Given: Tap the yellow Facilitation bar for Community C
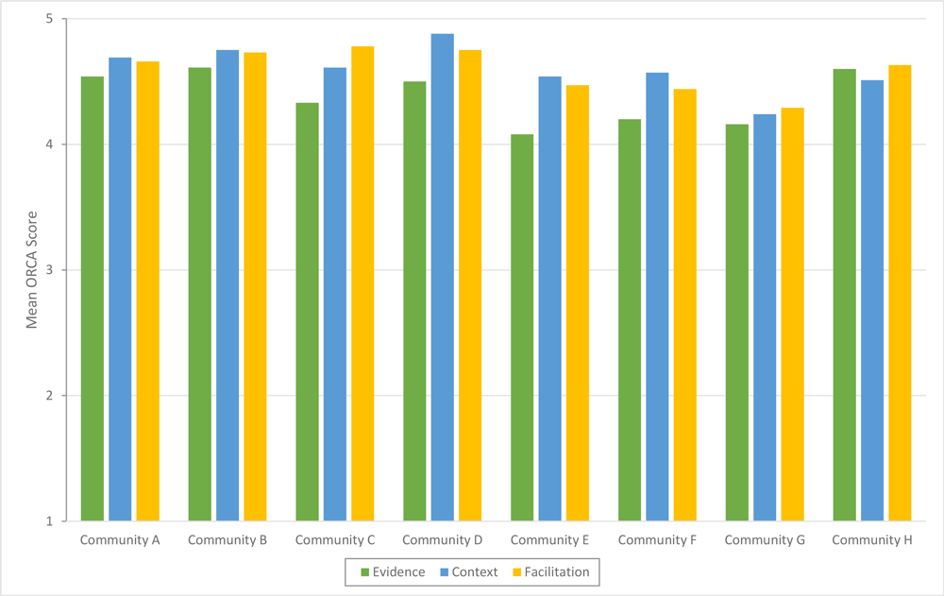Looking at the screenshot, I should [x=362, y=283].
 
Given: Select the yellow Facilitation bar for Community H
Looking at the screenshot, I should [x=900, y=293].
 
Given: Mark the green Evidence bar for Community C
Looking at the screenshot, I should [x=307, y=312].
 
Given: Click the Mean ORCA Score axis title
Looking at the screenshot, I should [x=31, y=270].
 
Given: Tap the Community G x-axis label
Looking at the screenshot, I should [x=765, y=540].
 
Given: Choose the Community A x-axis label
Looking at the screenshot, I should [x=120, y=540].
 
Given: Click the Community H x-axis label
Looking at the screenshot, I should [x=872, y=540].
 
